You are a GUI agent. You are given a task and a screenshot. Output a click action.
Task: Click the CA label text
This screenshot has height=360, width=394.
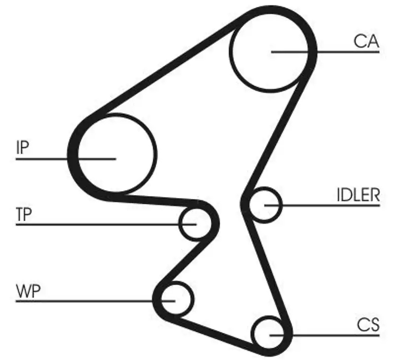coord(366,41)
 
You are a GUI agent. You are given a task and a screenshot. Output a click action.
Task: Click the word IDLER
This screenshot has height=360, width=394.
coord(358,195)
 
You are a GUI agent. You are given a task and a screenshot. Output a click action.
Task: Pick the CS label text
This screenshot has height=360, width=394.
coord(368,325)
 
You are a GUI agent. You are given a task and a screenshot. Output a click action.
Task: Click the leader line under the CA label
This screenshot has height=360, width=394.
coord(345,51)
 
